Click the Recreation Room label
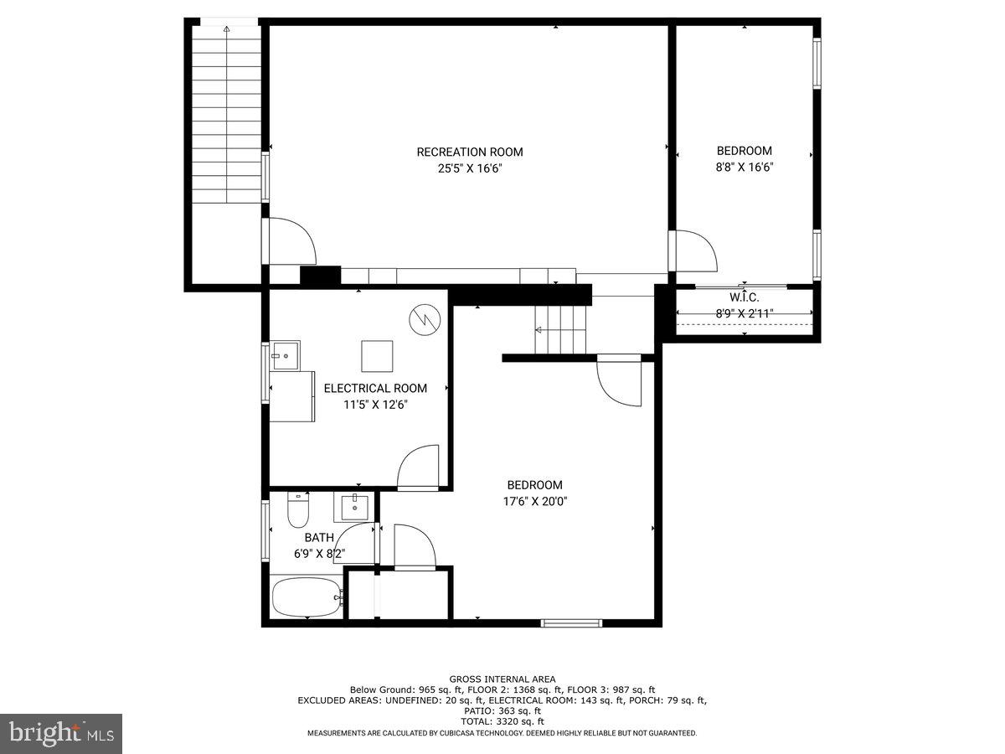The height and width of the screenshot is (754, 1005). (470, 152)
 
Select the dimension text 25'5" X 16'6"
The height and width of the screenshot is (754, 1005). (470, 168)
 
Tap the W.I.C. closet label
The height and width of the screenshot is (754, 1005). (745, 297)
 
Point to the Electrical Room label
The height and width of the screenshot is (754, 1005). (375, 388)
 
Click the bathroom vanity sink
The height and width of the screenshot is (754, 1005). (355, 508)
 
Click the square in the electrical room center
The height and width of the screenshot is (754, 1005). (377, 356)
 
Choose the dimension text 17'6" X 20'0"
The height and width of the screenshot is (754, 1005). (534, 501)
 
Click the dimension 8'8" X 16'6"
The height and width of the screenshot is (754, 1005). (745, 167)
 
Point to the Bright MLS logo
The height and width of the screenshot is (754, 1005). (61, 734)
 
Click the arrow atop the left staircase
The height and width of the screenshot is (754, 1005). (226, 29)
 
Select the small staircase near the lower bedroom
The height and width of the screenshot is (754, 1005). (561, 329)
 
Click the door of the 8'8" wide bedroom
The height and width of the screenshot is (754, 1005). (696, 250)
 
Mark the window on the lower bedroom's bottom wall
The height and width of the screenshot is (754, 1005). (571, 622)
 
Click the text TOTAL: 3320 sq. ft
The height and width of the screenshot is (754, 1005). (502, 720)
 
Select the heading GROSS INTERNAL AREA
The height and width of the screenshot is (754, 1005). (502, 679)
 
